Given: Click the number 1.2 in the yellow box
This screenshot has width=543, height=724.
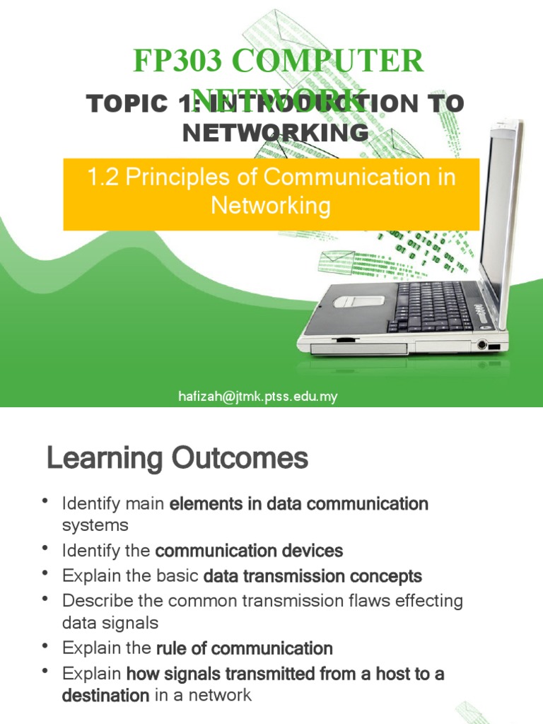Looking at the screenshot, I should click(x=103, y=177).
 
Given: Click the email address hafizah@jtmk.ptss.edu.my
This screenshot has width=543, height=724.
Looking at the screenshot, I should click(x=257, y=397).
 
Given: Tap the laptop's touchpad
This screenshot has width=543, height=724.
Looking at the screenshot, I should click(x=358, y=301).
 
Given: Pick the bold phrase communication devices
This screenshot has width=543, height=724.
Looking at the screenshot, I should click(x=249, y=550).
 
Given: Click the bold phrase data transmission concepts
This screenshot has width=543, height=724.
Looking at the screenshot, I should click(x=312, y=576).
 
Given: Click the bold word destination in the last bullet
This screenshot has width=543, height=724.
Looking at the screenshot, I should click(x=105, y=695).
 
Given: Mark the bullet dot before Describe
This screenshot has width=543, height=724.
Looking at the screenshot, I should click(x=46, y=600).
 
